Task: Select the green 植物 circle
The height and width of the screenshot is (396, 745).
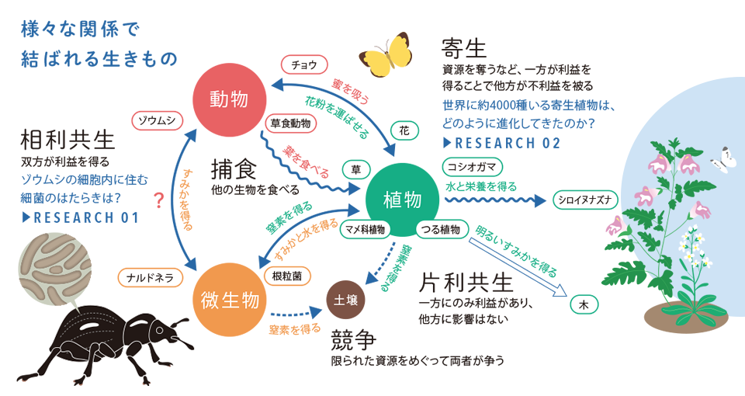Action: coord(403,200)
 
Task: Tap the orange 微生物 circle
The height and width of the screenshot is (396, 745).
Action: coord(230,300)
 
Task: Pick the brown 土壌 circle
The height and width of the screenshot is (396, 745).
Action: coord(345,300)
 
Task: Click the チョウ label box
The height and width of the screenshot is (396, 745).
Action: coord(304,64)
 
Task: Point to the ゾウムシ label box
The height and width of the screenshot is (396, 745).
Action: coord(157,121)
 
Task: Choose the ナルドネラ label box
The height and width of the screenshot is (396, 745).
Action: coord(150,278)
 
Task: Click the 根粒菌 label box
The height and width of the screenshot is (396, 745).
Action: coord(287,276)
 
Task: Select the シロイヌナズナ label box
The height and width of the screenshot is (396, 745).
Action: coord(585,200)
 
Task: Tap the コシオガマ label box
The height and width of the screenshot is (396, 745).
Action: coord(472,167)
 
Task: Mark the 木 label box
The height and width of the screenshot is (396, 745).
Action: coord(584,304)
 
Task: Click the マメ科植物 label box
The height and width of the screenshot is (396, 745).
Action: coord(365,230)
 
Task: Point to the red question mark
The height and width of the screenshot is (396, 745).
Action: coord(159,201)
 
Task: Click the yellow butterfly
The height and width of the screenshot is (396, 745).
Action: coord(386,55)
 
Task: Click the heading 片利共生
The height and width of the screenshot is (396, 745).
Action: coord(466,283)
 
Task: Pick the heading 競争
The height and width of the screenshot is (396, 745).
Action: coord(354,339)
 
